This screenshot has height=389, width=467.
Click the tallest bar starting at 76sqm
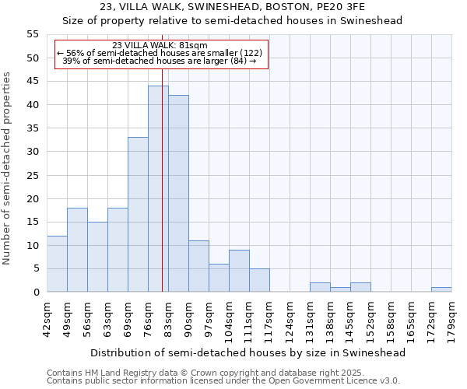(x=158, y=189)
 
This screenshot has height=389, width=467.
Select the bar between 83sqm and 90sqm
(x=178, y=194)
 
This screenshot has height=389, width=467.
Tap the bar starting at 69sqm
(x=138, y=215)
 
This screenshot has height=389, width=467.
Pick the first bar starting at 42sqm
(x=57, y=264)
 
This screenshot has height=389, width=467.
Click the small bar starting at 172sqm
(x=441, y=289)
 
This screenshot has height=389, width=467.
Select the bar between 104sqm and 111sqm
(x=239, y=271)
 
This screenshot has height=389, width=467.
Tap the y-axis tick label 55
(x=32, y=34)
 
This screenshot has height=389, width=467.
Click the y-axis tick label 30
(x=32, y=152)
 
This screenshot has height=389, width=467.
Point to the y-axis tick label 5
(x=35, y=268)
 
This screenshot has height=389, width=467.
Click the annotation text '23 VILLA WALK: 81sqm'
(x=160, y=45)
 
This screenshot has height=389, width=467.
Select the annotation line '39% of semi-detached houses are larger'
(x=159, y=61)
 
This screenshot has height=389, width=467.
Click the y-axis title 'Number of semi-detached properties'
(x=8, y=168)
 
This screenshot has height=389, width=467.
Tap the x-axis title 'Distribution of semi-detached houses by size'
(x=248, y=352)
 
